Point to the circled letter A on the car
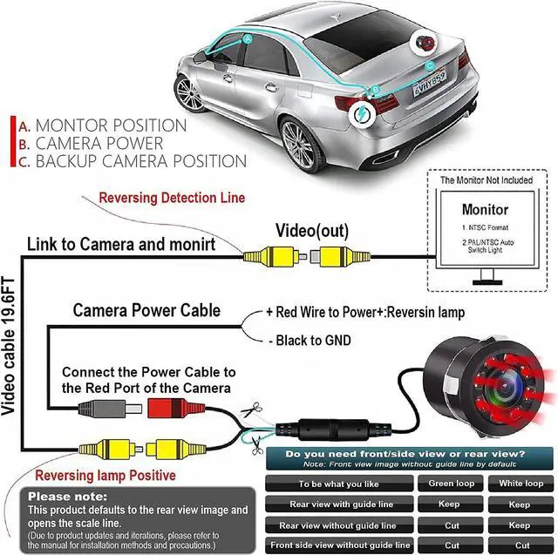(248, 39)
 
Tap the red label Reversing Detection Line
(171, 198)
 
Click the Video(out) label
(312, 231)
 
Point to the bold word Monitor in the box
(485, 210)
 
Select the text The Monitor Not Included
(487, 180)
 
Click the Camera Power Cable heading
(146, 310)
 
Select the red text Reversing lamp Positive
(105, 476)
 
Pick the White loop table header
(521, 484)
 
